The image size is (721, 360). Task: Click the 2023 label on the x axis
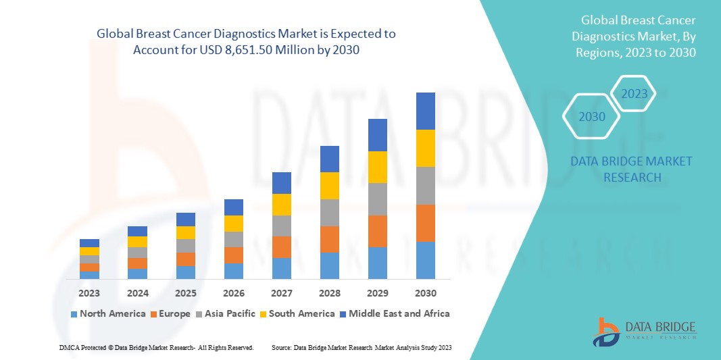tap(89, 293)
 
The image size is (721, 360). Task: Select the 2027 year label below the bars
tap(282, 293)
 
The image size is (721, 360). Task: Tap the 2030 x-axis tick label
tap(425, 293)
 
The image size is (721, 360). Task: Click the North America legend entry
tap(107, 313)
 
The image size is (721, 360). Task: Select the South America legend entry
tap(297, 313)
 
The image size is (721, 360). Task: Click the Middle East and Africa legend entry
tap(394, 313)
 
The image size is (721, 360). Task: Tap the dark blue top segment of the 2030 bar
tap(425, 111)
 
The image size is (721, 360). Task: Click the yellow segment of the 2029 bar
tap(377, 167)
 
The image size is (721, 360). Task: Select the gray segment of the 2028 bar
tap(329, 212)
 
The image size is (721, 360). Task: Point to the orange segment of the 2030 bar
tap(425, 223)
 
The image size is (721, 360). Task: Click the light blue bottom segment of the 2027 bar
tap(282, 268)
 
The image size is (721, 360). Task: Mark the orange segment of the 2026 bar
tap(233, 255)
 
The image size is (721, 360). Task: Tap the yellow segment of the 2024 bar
tap(137, 241)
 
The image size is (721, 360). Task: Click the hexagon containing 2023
tap(634, 94)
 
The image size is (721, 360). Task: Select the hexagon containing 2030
tap(591, 117)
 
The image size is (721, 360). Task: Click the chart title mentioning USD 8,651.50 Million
tap(246, 42)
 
